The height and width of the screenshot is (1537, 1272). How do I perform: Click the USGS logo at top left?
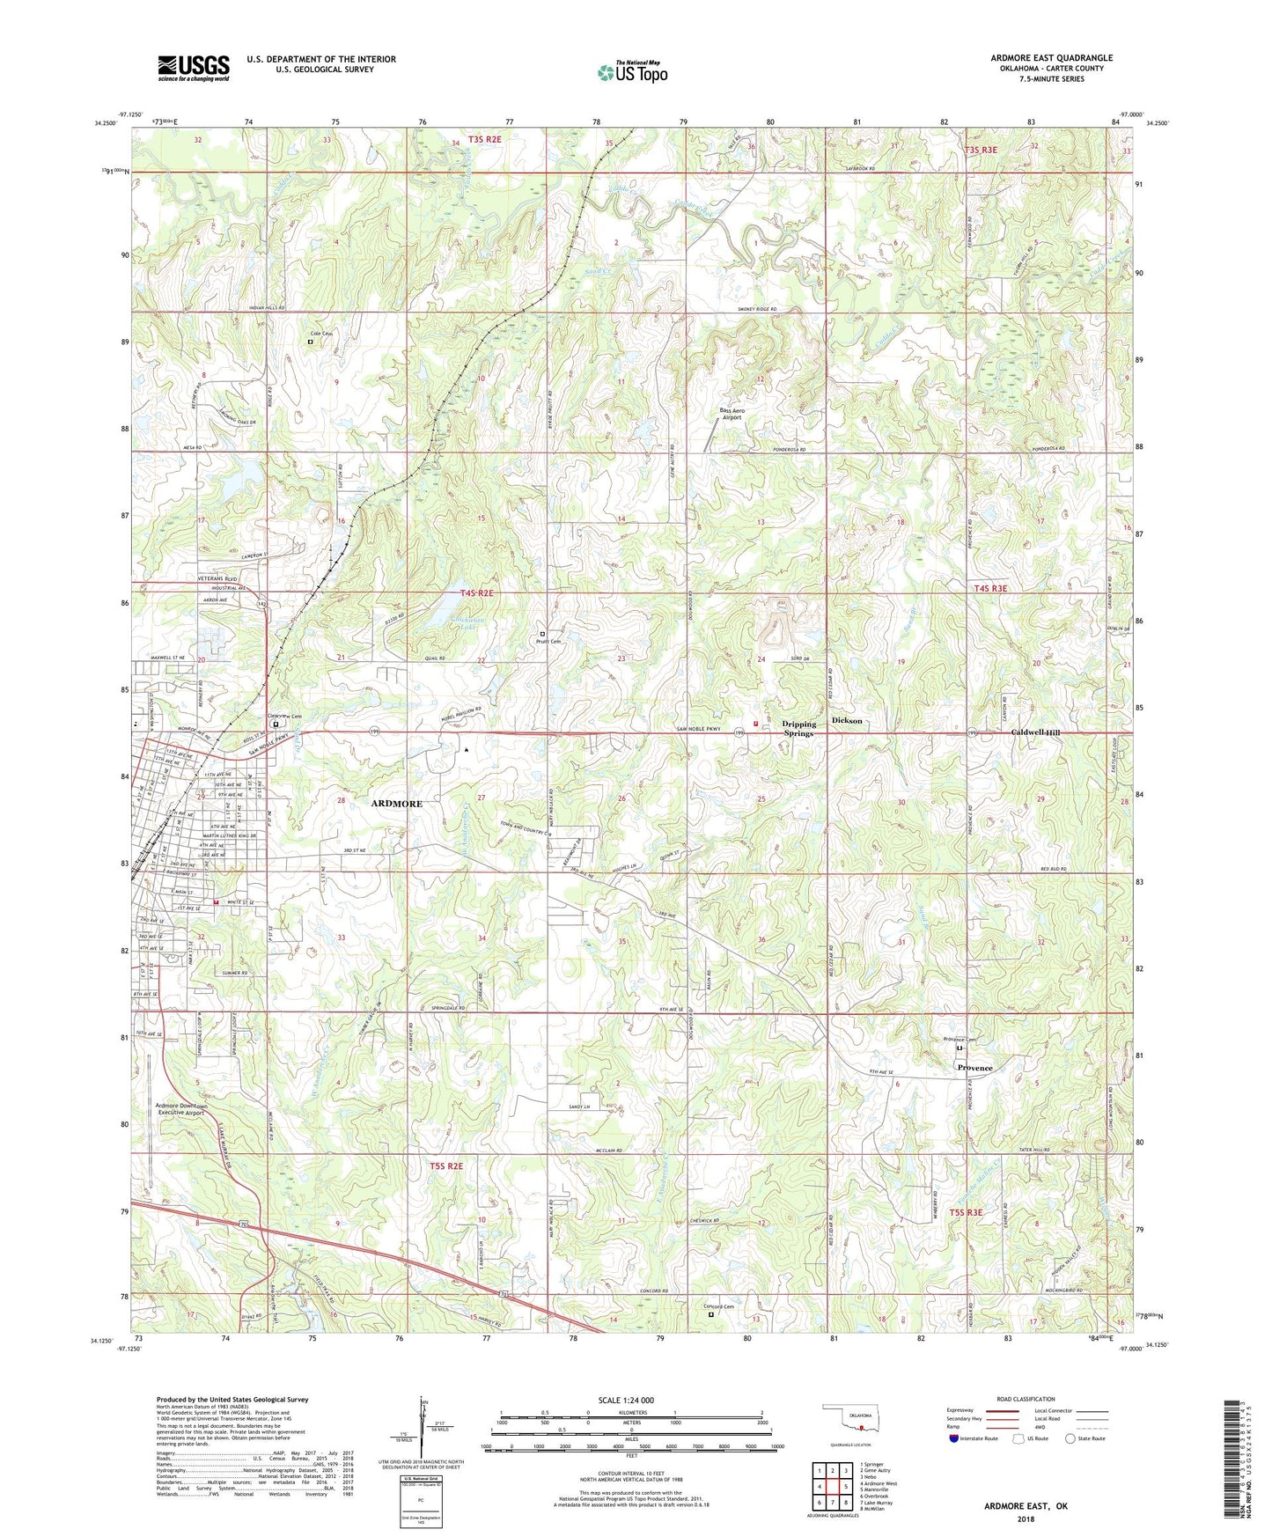point(194,68)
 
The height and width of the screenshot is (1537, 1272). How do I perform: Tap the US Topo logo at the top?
point(632,72)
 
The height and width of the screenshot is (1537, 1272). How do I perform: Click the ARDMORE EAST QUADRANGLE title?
point(1051,58)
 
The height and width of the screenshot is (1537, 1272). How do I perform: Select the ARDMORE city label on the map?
point(396,803)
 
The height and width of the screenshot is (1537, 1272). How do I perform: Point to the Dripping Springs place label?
point(799,728)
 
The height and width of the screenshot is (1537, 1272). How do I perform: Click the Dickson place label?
point(847,720)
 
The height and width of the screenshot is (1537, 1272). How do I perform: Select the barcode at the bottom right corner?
point(1234,1461)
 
